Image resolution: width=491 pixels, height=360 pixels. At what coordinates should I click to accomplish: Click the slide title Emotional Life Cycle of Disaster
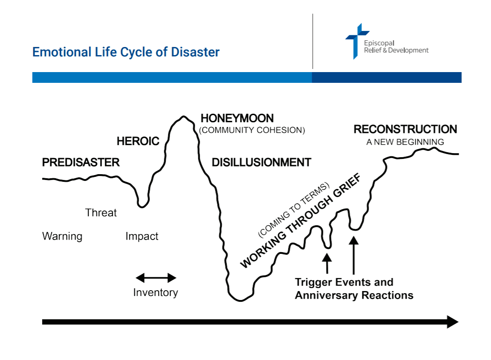tap(126, 52)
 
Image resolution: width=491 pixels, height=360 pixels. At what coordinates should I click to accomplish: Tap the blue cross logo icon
tap(357, 40)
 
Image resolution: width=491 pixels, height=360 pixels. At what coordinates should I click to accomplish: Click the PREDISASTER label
tap(81, 162)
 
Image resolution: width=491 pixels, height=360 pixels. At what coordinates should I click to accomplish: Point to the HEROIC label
tap(138, 141)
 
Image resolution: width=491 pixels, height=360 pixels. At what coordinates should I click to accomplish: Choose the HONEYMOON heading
tap(237, 118)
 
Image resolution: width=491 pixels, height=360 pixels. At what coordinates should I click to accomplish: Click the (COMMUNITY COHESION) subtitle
tap(252, 131)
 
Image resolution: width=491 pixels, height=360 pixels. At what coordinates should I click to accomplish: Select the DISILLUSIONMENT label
tap(261, 162)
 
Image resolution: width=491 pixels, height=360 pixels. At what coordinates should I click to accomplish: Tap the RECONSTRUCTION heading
tap(405, 129)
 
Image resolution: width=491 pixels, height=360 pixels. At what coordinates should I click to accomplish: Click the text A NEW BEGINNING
tap(405, 142)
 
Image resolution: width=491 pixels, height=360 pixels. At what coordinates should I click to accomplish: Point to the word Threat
tap(101, 213)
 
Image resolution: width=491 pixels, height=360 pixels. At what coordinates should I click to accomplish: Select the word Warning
tap(62, 236)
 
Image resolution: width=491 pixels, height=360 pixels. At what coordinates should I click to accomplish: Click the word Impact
tap(142, 236)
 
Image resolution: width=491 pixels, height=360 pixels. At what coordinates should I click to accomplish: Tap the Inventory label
tap(155, 292)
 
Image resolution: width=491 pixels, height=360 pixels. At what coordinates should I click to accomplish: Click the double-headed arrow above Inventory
tap(156, 278)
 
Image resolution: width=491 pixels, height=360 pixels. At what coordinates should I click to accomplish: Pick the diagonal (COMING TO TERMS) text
tap(293, 210)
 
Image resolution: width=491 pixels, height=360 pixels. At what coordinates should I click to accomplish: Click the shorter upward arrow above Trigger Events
tap(327, 262)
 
